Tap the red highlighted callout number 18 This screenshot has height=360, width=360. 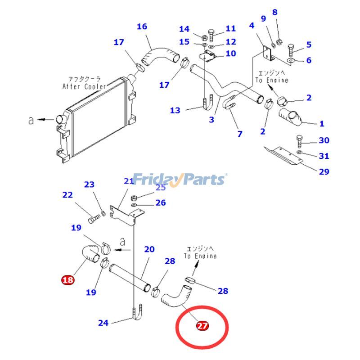click(67, 280)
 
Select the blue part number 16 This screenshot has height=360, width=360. click(142, 27)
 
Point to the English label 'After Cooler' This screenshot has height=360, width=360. click(84, 86)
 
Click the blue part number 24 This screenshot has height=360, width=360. click(103, 322)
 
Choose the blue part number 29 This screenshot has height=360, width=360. click(324, 171)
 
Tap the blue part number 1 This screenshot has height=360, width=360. click(322, 123)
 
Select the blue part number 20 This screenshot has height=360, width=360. click(149, 249)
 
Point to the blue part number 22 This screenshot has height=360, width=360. click(67, 195)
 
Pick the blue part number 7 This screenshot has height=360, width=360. click(240, 134)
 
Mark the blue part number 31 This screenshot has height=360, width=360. click(324, 156)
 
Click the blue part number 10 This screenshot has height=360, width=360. click(230, 54)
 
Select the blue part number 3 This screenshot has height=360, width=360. click(211, 120)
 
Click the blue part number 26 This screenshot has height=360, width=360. click(161, 202)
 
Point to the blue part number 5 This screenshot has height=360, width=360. click(309, 44)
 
